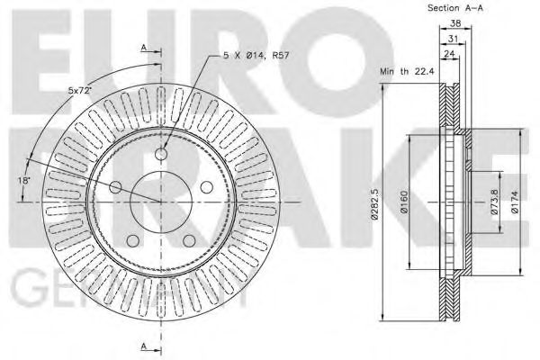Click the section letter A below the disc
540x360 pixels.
coord(144,346)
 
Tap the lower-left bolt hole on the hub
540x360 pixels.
coord(131,241)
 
